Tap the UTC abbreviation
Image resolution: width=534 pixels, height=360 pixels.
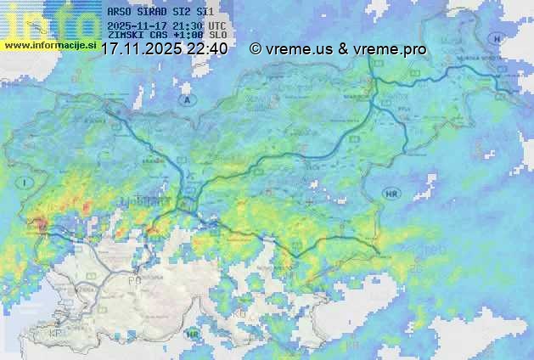tap(216, 25)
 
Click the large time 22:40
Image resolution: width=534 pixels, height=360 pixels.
tap(207, 49)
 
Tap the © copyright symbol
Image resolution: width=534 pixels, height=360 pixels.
tap(256, 49)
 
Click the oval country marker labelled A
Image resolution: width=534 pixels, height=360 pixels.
tap(186, 99)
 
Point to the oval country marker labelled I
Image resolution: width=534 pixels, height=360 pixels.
tap(26, 183)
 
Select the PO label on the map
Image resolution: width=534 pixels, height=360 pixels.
tap(133, 279)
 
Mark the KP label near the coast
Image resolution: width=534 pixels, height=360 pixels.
tap(55, 333)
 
